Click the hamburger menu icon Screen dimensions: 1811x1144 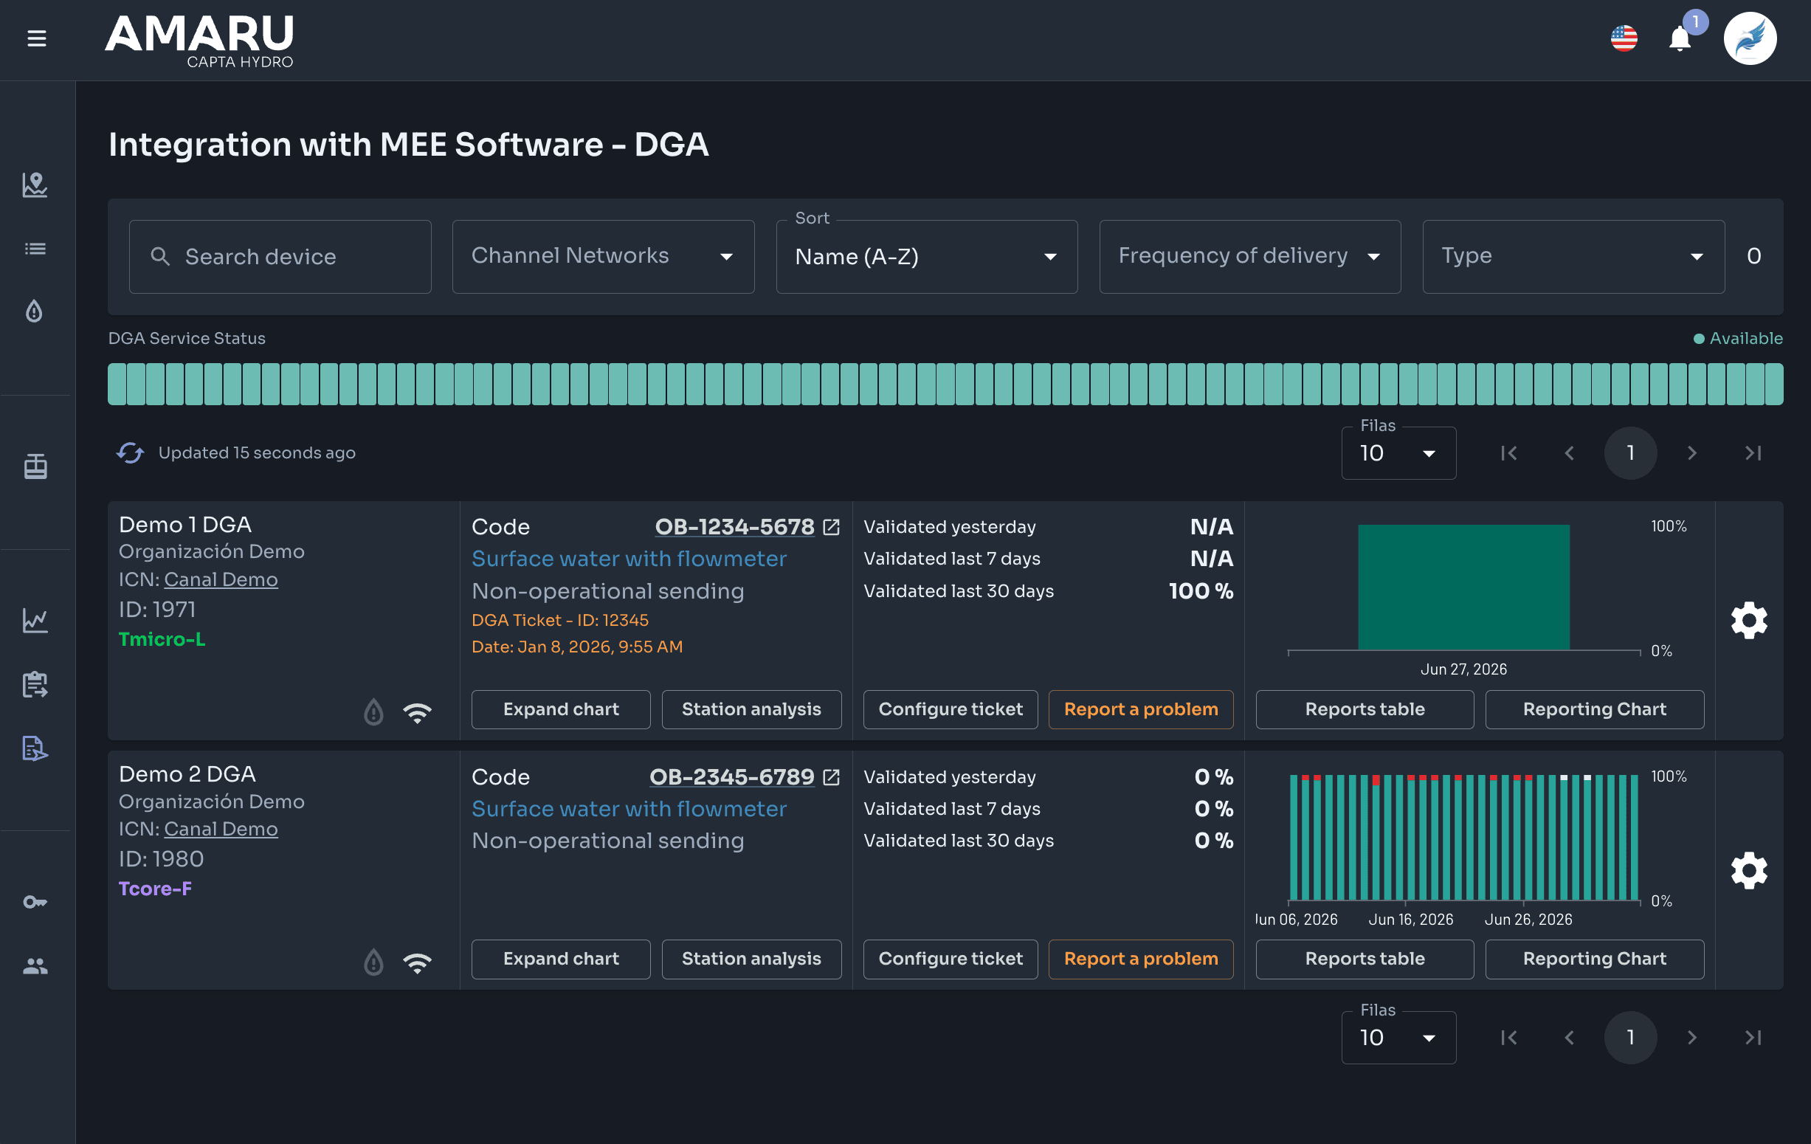point(37,38)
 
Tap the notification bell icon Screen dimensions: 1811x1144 point(1680,38)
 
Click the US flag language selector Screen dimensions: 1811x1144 point(1624,38)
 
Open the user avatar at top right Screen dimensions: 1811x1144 point(1749,38)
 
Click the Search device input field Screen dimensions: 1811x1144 point(280,257)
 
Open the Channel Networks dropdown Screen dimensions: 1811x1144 point(603,257)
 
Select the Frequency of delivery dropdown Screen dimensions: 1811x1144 point(1249,257)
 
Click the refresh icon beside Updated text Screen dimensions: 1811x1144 point(130,452)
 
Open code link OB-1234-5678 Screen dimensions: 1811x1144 point(734,526)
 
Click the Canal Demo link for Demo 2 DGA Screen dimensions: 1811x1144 point(221,829)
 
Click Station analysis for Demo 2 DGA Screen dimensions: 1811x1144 point(751,959)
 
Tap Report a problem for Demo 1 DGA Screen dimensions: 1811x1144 point(1141,709)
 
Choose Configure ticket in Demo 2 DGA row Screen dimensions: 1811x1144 point(951,959)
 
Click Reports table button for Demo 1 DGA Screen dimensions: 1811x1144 point(1365,709)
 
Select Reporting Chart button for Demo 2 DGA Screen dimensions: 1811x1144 point(1594,959)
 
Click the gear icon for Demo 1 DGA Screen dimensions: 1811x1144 point(1748,621)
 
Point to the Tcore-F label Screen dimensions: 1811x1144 point(156,889)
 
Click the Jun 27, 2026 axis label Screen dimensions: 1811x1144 point(1463,669)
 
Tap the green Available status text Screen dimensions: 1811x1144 point(1745,339)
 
